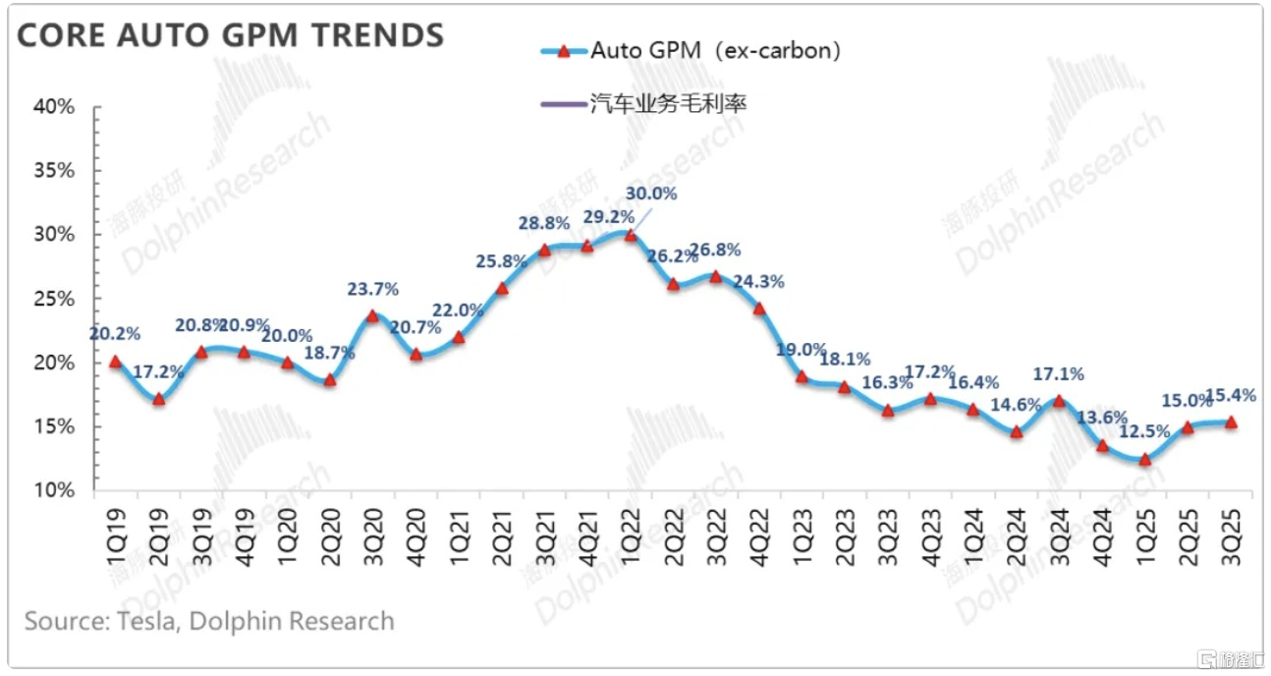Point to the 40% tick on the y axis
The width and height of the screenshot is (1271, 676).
[x=54, y=107]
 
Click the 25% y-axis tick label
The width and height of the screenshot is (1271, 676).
[x=54, y=299]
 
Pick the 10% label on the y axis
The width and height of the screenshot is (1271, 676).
[x=54, y=490]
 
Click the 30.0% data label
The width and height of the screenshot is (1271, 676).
[x=651, y=194]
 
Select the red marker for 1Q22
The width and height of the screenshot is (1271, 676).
[x=629, y=235]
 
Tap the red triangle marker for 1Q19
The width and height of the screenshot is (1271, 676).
[x=115, y=361]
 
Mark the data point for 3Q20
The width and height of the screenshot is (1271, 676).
[x=372, y=315]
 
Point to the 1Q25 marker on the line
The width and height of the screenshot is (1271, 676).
[x=1144, y=459]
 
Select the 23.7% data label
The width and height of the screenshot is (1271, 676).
[x=372, y=290]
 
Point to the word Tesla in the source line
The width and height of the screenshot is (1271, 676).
[x=145, y=622]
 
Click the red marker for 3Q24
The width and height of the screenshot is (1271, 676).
[x=1059, y=400]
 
